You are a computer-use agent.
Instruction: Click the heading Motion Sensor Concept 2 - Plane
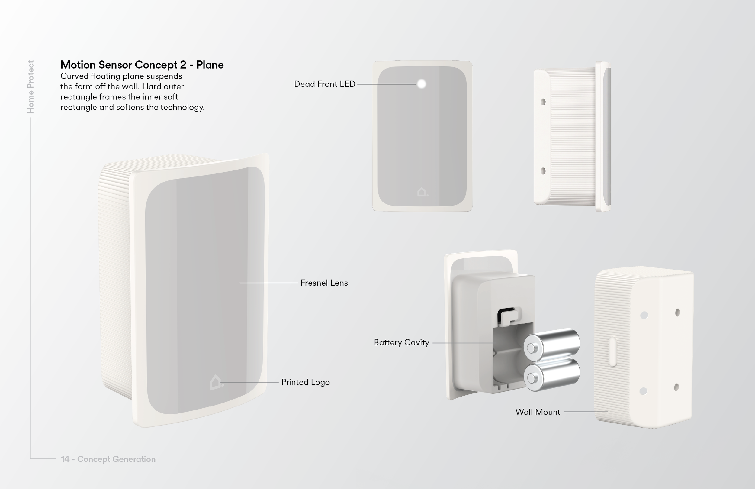[142, 65]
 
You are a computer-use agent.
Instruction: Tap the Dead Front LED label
[325, 84]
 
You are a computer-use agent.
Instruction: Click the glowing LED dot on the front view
[422, 84]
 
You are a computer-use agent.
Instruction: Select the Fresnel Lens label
[324, 283]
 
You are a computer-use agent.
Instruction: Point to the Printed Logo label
[306, 382]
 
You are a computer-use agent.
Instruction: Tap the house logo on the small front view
[422, 192]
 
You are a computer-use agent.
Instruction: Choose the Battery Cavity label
[402, 342]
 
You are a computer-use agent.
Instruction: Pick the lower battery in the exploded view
[552, 375]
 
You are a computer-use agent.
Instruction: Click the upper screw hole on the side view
[543, 102]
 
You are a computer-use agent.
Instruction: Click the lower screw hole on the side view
[543, 171]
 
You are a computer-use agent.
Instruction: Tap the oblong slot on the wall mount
[612, 352]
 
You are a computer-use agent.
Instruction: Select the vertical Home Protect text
[31, 87]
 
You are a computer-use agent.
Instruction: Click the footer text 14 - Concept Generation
[108, 459]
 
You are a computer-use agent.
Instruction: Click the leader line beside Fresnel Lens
[268, 283]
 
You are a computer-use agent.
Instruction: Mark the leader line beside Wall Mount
[586, 412]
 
